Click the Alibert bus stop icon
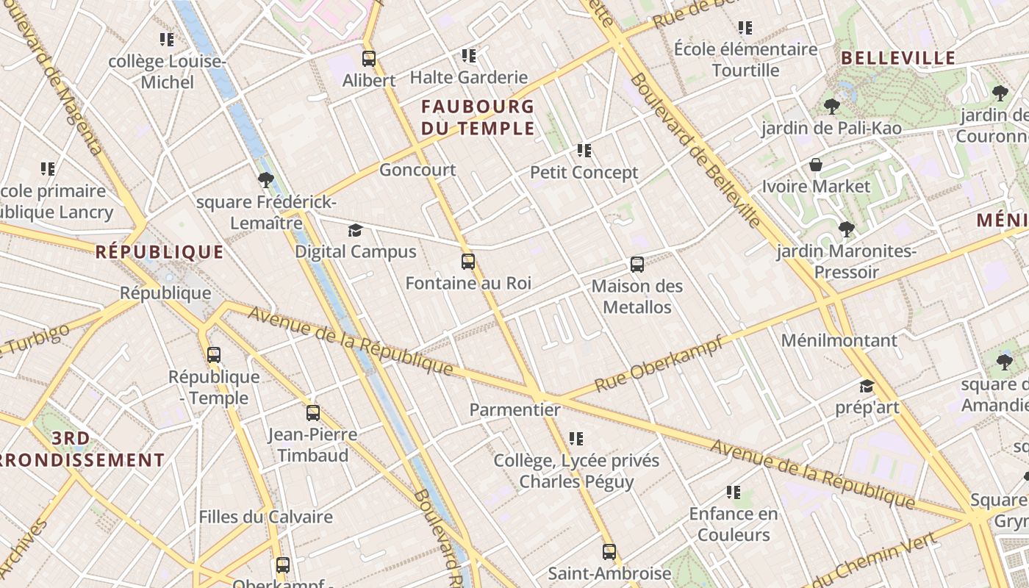(x=369, y=59)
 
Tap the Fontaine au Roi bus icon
(x=468, y=262)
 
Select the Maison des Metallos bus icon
(x=637, y=265)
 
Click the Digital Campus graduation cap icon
(x=355, y=231)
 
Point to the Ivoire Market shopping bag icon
(x=815, y=165)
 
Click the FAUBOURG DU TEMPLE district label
(x=478, y=118)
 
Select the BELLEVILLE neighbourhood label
(x=897, y=58)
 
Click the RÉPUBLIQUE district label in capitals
(x=159, y=252)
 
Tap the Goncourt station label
(x=417, y=170)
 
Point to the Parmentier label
(x=514, y=410)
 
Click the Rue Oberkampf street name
(x=659, y=364)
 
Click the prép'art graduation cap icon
(x=867, y=387)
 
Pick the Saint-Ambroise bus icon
(x=609, y=551)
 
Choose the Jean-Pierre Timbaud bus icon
(x=313, y=413)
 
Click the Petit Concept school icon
(x=584, y=151)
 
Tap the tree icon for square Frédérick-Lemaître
(x=265, y=180)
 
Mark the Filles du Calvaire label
(x=265, y=517)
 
